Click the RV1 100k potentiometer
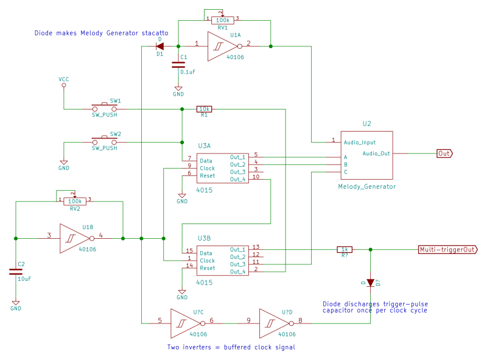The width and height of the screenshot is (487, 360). pos(222,20)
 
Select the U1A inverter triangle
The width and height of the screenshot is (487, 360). pos(222,47)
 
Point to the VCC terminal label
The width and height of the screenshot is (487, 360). pos(64,80)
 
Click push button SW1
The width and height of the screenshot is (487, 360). pos(105,106)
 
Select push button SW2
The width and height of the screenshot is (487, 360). pos(105,139)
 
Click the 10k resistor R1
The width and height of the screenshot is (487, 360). pos(204,109)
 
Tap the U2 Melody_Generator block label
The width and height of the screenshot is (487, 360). pos(366,186)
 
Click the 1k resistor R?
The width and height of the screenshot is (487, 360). pos(344,249)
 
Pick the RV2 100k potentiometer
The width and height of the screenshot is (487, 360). pos(74,201)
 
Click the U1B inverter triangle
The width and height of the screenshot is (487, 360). pos(74,238)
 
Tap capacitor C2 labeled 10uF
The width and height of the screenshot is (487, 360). pos(15,271)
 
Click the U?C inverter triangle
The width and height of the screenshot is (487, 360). pos(184,322)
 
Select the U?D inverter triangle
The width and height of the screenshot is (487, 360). pos(274,322)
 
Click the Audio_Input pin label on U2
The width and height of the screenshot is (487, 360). pos(360,142)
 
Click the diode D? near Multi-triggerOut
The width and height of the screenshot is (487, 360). pos(370,282)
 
